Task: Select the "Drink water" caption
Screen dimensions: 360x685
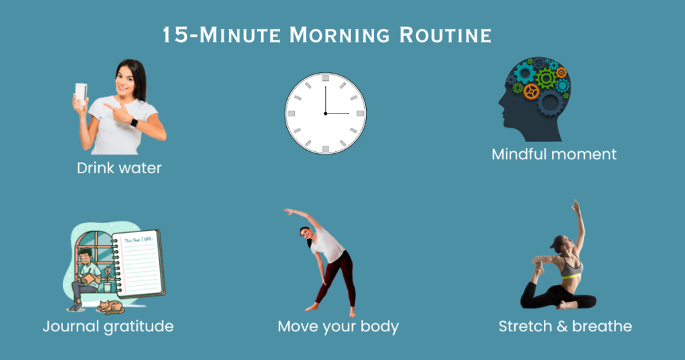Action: tap(119, 168)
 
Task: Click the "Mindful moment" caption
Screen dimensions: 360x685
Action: tap(554, 154)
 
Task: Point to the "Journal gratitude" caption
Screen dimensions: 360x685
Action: tap(108, 327)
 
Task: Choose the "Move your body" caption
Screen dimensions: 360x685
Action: tap(338, 327)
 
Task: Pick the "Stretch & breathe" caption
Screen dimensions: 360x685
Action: tap(565, 327)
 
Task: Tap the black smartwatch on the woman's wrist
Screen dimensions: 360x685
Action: tap(134, 123)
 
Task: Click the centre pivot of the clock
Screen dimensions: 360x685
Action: tap(326, 113)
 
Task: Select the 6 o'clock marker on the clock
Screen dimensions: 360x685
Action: tap(326, 148)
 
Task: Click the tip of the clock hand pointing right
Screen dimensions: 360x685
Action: tap(349, 113)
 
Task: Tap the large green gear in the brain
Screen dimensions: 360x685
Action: tap(546, 78)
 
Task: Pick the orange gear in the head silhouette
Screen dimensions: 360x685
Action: tap(531, 91)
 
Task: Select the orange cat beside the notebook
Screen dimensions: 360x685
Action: tap(110, 307)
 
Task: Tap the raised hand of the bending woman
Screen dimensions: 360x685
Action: tap(287, 211)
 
